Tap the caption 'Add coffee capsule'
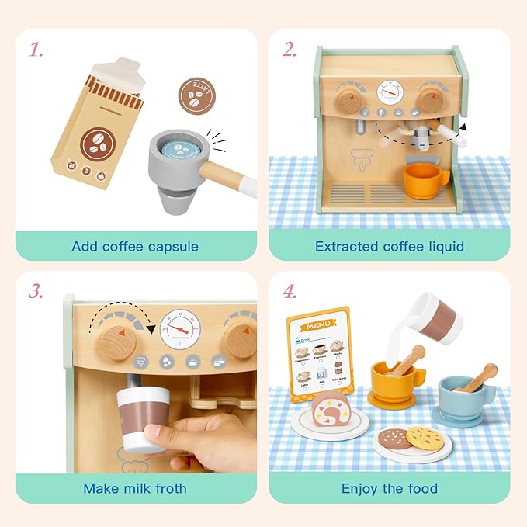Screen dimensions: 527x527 135,247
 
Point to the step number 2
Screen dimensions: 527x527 290,50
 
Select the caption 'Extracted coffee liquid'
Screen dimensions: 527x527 389,247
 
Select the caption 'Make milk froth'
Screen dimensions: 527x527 135,489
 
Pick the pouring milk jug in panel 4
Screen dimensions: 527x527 435,316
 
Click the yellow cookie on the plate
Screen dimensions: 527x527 424,438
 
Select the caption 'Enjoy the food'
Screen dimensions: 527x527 389,489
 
